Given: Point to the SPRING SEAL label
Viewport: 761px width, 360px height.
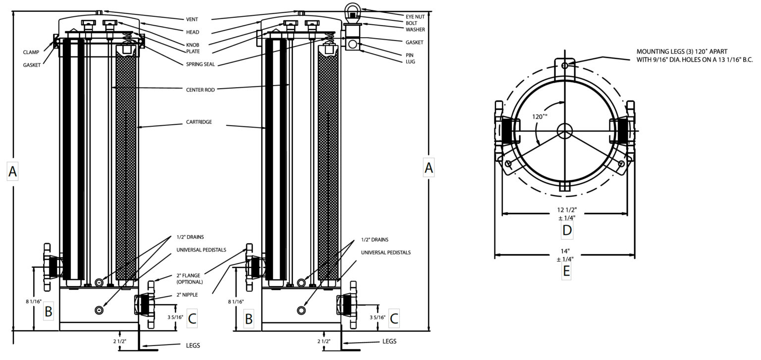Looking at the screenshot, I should [x=200, y=64].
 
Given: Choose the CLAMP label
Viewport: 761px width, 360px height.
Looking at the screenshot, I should [x=31, y=52].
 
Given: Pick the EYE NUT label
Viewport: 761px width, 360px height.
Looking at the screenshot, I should [x=416, y=16].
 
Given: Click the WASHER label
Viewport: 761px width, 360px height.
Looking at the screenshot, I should [x=415, y=29].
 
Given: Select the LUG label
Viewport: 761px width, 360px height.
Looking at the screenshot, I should [x=410, y=61].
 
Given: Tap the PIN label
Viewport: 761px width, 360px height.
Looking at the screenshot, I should [x=410, y=55].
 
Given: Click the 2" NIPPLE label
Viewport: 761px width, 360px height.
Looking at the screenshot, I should [x=188, y=295].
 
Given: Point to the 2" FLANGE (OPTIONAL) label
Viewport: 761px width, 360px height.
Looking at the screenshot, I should [x=189, y=278].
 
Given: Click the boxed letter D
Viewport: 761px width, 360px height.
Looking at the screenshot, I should [x=567, y=230].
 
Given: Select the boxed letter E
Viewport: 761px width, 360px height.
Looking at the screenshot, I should [x=566, y=271].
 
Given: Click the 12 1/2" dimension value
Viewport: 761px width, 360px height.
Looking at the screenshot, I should [x=566, y=210].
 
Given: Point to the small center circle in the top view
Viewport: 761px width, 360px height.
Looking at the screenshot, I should [x=564, y=131].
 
